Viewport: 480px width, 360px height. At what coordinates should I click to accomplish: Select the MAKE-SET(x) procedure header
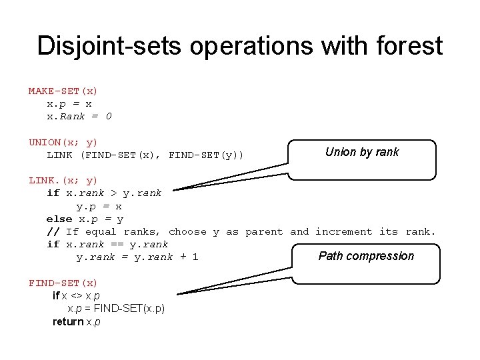point(63,91)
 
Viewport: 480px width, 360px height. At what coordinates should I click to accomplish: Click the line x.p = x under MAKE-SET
point(69,103)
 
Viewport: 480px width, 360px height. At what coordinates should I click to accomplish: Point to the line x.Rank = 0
point(79,116)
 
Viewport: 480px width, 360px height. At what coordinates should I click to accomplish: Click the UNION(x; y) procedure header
point(63,142)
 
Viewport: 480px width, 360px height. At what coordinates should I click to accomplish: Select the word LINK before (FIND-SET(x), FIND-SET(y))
point(59,155)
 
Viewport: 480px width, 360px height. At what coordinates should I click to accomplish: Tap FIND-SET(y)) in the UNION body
point(207,155)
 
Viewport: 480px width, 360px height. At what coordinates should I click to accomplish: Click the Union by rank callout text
point(362,152)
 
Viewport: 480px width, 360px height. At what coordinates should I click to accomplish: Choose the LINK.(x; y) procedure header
point(63,180)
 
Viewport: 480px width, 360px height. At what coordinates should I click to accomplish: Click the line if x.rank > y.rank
point(104,193)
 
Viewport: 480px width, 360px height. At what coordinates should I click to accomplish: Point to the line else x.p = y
point(85,219)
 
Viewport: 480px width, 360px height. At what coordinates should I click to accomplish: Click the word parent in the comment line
point(264,231)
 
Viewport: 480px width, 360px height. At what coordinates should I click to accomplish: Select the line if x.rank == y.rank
point(107,244)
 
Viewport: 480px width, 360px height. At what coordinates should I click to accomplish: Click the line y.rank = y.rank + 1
point(137,257)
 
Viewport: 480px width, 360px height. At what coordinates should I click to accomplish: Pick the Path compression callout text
point(366,256)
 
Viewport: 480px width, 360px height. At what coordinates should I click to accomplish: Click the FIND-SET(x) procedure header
point(63,283)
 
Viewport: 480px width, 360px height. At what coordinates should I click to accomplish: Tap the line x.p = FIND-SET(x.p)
point(116,309)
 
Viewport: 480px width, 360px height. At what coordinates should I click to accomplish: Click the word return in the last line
point(68,321)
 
